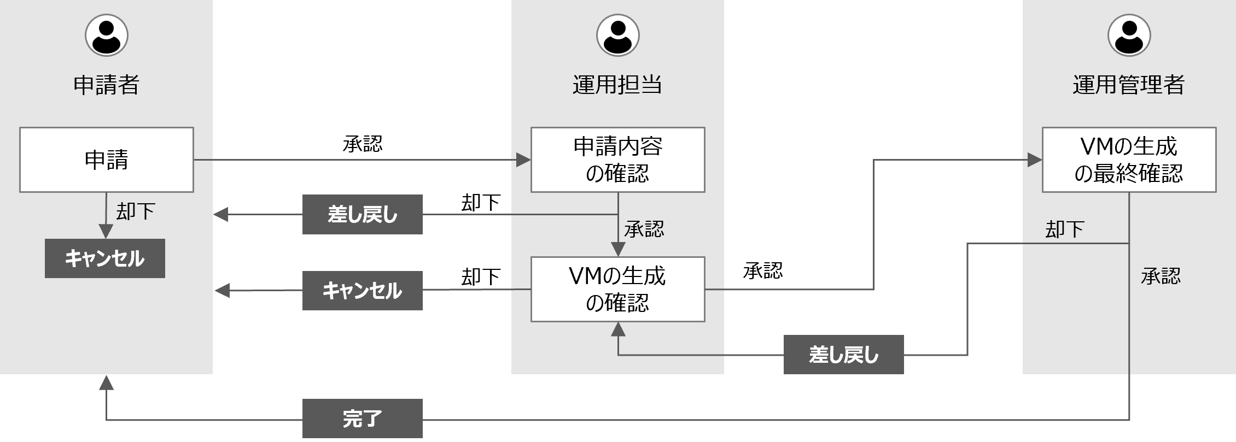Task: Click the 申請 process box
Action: pos(107,160)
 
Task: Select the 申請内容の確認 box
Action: pos(617,160)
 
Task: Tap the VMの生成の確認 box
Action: pos(617,289)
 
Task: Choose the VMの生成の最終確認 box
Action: pos(1129,160)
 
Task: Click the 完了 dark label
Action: pos(362,419)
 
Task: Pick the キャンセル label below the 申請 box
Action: pos(104,258)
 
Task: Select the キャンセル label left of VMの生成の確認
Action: pos(362,290)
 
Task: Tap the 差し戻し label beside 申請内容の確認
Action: pos(362,215)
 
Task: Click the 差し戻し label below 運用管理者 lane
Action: pos(843,355)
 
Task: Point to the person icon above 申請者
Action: pos(107,36)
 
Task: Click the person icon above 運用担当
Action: pos(617,36)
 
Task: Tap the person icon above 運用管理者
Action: pos(1129,36)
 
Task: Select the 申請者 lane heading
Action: pos(107,85)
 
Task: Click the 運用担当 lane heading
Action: pos(617,85)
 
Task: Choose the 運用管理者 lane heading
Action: pos(1129,85)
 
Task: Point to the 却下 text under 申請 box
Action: pos(136,211)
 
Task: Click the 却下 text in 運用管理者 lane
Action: pos(1064,229)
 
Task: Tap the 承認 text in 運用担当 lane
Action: pos(644,229)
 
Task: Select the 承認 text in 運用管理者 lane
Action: pos(1161,276)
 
